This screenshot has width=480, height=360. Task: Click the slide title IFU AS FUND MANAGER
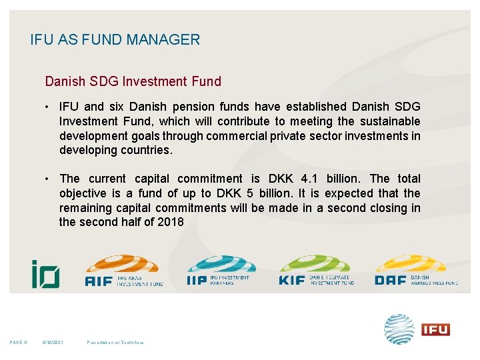click(115, 40)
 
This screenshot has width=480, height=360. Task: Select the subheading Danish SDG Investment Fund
click(133, 82)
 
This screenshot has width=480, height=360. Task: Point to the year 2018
click(170, 222)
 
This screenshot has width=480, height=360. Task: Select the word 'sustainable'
click(389, 121)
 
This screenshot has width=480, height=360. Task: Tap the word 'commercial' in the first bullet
click(239, 136)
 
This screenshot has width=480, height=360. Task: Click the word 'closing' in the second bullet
click(383, 208)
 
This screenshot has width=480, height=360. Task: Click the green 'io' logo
click(45, 273)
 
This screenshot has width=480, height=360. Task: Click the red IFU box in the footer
click(435, 329)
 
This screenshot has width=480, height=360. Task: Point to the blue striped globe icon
click(399, 329)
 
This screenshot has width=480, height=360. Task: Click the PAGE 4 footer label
click(18, 343)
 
